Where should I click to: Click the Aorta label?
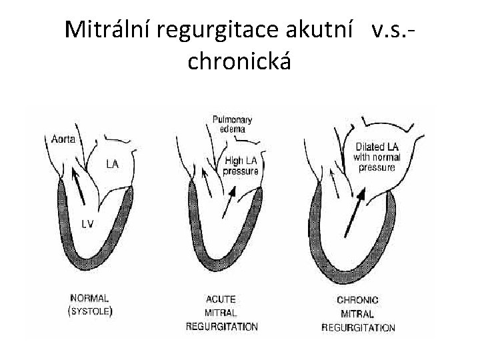click(x=63, y=139)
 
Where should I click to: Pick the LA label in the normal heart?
click(x=113, y=163)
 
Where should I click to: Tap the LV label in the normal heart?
click(x=87, y=223)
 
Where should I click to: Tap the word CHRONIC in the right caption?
click(x=357, y=301)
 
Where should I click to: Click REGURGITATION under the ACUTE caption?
click(x=222, y=327)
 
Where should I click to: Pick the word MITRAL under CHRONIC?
click(x=357, y=314)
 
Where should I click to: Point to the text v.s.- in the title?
click(x=399, y=29)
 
